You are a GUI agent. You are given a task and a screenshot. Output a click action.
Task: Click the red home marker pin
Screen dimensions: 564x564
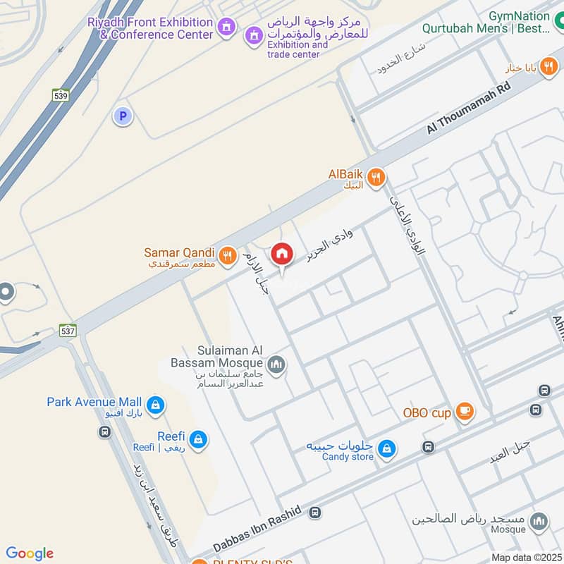pyautogui.click(x=282, y=255)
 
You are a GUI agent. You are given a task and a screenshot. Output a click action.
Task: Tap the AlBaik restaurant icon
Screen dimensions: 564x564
pyautogui.click(x=376, y=177)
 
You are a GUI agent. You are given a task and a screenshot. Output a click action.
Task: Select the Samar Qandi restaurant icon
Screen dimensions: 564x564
pyautogui.click(x=227, y=256)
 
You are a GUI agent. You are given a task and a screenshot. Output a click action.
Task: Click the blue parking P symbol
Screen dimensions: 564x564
pyautogui.click(x=123, y=116)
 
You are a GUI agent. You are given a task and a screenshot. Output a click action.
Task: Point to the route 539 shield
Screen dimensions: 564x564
pyautogui.click(x=61, y=94)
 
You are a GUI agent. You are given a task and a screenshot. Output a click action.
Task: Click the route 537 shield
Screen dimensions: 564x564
pyautogui.click(x=68, y=330)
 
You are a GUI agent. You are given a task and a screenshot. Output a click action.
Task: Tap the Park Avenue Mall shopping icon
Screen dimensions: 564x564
pyautogui.click(x=157, y=405)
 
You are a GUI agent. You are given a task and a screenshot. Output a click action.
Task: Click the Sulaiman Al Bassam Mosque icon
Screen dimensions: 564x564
pyautogui.click(x=277, y=364)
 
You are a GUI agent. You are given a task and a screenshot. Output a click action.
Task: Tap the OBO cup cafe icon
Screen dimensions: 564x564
pyautogui.click(x=464, y=412)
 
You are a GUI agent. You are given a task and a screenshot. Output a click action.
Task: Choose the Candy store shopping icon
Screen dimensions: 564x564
pyautogui.click(x=386, y=448)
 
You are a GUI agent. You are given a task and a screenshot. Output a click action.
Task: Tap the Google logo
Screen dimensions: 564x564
pyautogui.click(x=30, y=553)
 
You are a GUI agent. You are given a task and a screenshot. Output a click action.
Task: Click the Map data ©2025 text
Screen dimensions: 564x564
pyautogui.click(x=525, y=557)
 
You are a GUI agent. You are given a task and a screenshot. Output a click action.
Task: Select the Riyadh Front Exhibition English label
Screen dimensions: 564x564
pyautogui.click(x=150, y=28)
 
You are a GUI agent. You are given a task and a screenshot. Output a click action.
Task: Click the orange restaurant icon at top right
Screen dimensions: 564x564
pyautogui.click(x=551, y=67)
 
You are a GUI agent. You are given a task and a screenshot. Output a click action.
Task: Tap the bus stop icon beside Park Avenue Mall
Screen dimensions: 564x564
pyautogui.click(x=105, y=431)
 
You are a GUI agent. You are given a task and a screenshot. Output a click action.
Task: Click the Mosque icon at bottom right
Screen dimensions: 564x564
pyautogui.click(x=539, y=522)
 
